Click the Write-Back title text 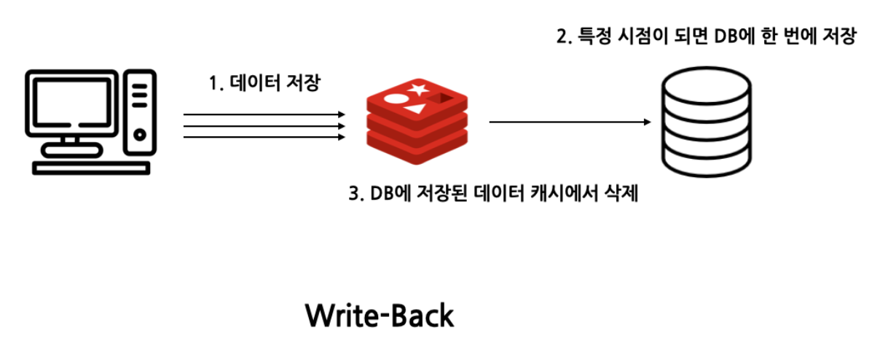379,316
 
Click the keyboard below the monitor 91,167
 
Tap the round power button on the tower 139,134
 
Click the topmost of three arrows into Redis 264,114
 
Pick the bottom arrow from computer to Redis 264,136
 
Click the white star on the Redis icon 419,90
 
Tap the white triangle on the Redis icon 415,109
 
